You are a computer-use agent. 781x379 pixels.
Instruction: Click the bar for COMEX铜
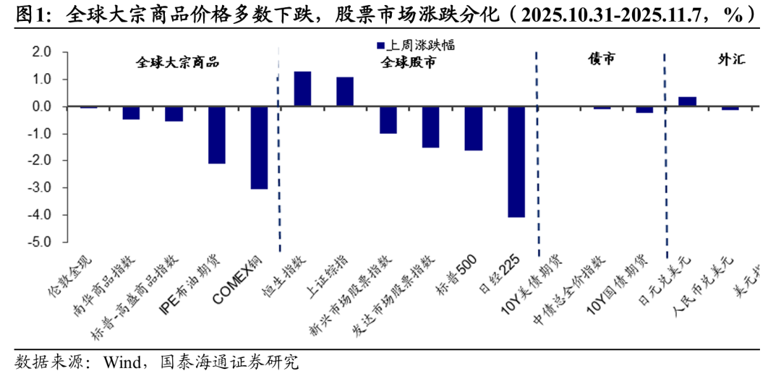pos(260,148)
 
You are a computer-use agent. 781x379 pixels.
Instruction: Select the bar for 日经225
pos(516,161)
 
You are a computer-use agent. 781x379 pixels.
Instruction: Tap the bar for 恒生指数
pos(302,89)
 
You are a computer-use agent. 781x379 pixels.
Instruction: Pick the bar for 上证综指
pos(345,92)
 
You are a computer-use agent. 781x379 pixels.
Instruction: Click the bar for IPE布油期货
pos(217,135)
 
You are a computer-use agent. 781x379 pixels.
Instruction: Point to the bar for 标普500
pos(474,128)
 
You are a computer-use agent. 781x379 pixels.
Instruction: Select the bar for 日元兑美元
pos(688,102)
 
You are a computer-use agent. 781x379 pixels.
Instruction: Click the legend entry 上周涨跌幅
pos(409,44)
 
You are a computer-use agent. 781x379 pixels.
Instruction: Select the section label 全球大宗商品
pos(178,62)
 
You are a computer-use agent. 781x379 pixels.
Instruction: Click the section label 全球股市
pos(409,62)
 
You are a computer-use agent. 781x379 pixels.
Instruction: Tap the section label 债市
pos(601,60)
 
